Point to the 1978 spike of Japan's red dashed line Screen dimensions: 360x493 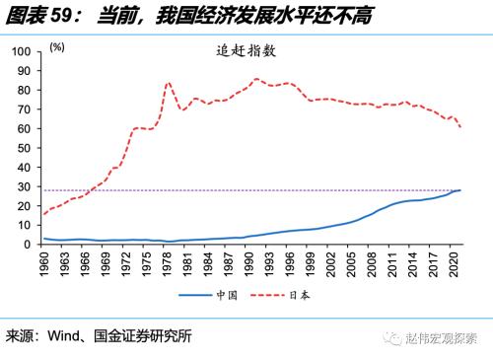[169, 83]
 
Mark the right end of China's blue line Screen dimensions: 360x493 [460, 189]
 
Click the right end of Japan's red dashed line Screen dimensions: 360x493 [460, 127]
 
